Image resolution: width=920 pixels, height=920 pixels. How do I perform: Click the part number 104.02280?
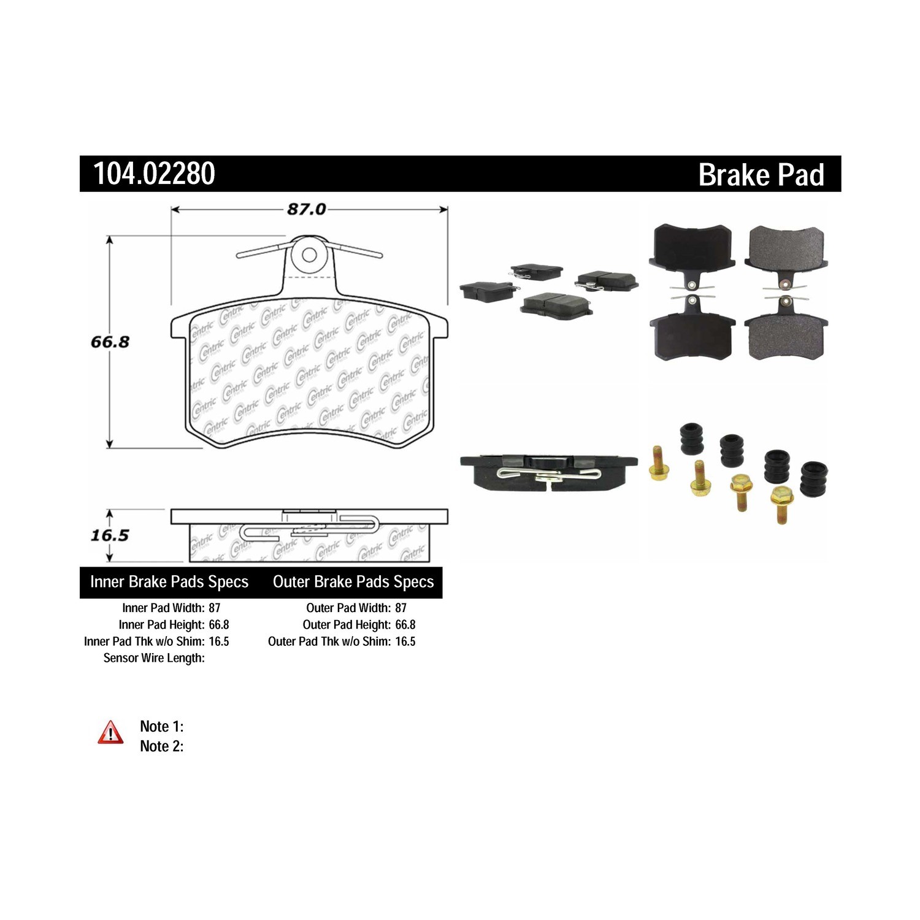pos(154,174)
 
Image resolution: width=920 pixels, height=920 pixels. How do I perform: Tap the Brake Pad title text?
pos(761,175)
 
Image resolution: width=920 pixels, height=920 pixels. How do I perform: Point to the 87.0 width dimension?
pos(307,209)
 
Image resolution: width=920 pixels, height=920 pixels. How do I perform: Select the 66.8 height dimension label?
pos(110,342)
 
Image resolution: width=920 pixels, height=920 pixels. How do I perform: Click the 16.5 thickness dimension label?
pos(110,535)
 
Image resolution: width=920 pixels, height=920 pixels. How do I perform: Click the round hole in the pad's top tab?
pos(309,255)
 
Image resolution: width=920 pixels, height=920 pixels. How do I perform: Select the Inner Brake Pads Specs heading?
pos(169,581)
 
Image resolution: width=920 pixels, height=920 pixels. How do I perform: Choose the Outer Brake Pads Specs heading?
pos(353,581)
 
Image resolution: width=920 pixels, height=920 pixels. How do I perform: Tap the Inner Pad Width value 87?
pos(214,608)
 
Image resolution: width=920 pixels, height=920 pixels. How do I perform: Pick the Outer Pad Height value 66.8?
pos(405,624)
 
